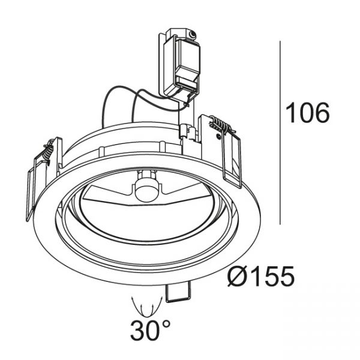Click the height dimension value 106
(x=307, y=113)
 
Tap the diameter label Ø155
(x=261, y=276)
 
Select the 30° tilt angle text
(x=151, y=331)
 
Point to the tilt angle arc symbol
(x=147, y=307)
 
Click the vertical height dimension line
(x=280, y=133)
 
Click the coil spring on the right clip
(x=221, y=125)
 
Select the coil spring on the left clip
(x=49, y=152)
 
